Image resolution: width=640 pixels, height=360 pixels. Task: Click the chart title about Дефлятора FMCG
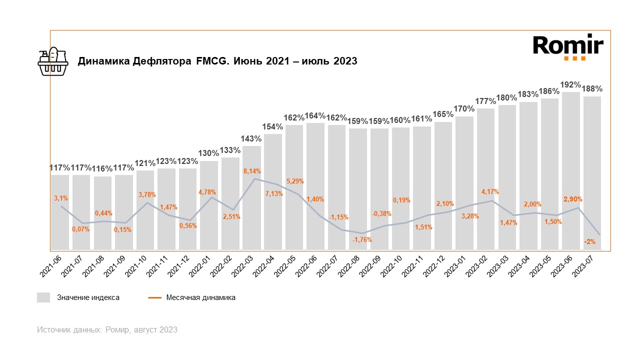coord(217,61)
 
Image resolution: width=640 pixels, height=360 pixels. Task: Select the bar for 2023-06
coord(571,170)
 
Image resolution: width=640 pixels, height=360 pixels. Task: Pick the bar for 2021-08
coord(102,212)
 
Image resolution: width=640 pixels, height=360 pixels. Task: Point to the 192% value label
coord(570,85)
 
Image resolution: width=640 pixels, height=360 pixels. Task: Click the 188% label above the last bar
coord(592,89)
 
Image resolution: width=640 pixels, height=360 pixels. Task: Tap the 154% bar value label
coord(272,127)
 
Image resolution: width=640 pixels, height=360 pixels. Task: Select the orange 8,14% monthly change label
coord(251,171)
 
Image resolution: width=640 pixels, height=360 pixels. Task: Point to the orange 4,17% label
coord(490,191)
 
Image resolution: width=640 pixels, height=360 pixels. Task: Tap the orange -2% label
coord(589,242)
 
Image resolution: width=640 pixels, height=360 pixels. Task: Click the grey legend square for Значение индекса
coord(43,297)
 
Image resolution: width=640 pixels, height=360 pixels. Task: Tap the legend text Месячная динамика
coord(201,297)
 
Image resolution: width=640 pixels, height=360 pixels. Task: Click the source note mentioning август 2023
coord(107,330)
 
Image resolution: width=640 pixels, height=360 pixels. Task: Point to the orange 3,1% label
coord(61,198)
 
